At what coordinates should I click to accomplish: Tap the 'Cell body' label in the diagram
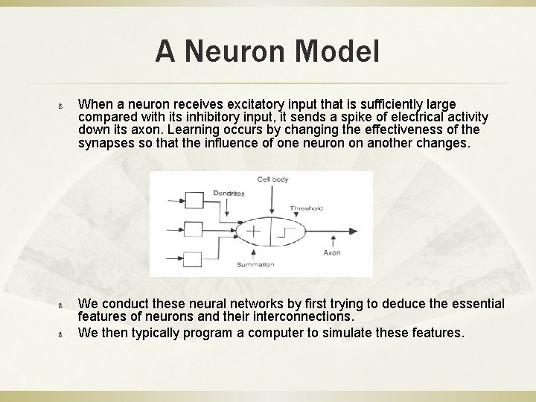(x=272, y=179)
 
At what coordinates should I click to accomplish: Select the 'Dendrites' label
(x=229, y=193)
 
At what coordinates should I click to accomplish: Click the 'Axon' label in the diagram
(x=331, y=252)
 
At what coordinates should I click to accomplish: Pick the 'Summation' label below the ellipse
(x=255, y=264)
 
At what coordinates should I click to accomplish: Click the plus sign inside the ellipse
(x=254, y=231)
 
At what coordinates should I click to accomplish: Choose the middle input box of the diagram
(x=192, y=230)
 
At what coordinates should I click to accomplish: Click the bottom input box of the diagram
(x=192, y=259)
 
